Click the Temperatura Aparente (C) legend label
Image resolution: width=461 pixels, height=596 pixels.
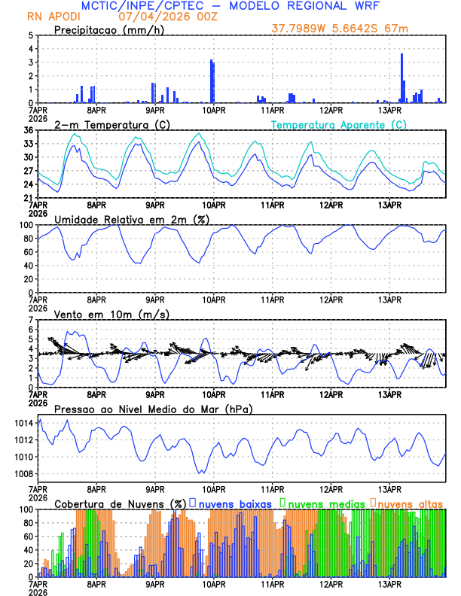(x=339, y=124)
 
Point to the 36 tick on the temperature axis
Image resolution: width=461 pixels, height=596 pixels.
(x=28, y=130)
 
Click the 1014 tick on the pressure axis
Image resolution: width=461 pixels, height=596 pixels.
(x=23, y=424)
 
